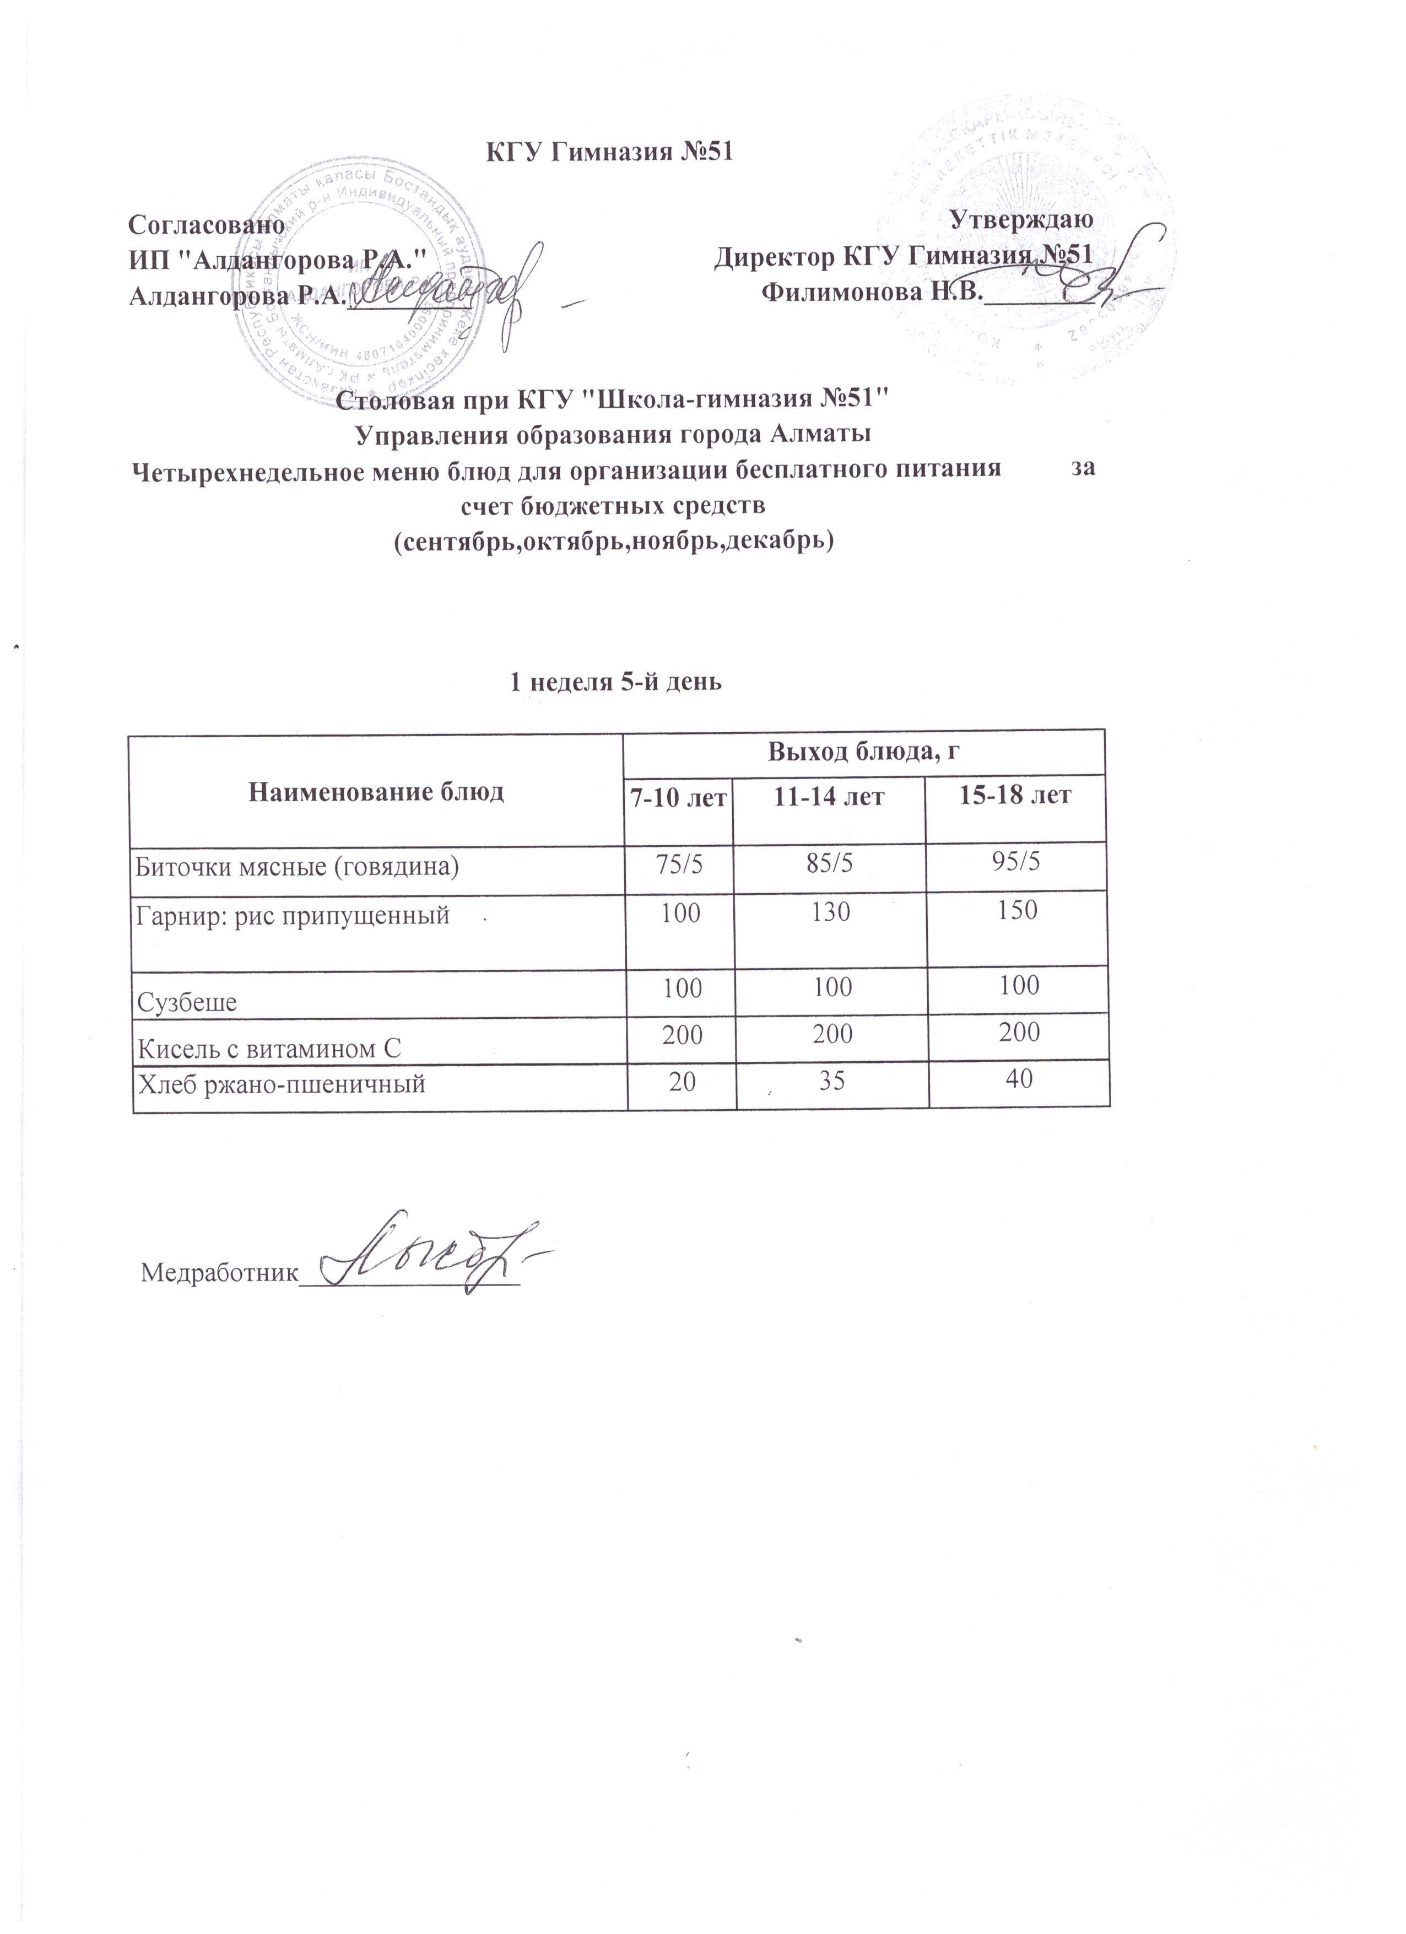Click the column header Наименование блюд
[376, 792]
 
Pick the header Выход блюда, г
[870, 751]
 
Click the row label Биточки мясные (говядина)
[298, 867]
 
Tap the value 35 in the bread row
[831, 1081]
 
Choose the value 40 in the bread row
[1019, 1079]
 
